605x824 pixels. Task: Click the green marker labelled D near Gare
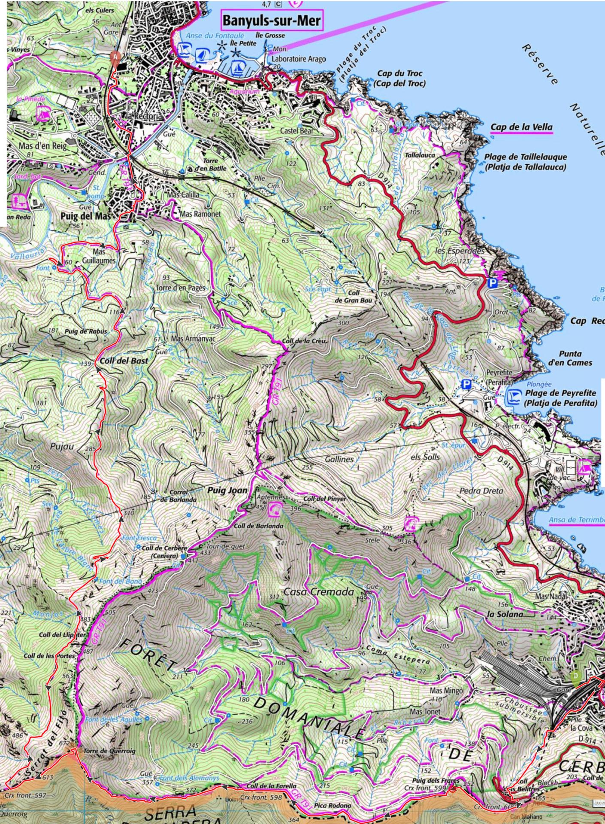[x=576, y=677]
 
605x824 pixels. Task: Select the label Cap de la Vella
[x=521, y=127]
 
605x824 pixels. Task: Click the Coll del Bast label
[x=124, y=360]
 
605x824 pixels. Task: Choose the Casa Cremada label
[x=319, y=592]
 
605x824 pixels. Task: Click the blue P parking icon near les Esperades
[x=492, y=282]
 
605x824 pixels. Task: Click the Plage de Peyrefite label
[x=560, y=398]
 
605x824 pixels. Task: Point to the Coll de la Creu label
[x=305, y=341]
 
